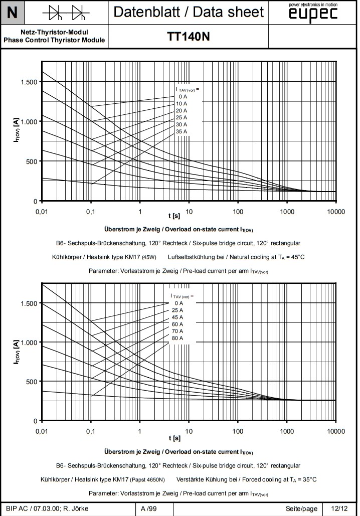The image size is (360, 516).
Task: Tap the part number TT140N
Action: coord(188,37)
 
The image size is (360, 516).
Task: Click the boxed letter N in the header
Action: coord(13,13)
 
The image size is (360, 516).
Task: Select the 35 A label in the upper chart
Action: coord(181,131)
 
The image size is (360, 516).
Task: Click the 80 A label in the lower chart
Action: coord(177,338)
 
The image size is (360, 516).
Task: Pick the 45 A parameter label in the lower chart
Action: coord(177,317)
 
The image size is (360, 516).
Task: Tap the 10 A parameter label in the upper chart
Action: coord(181,103)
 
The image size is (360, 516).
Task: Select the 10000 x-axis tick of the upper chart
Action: coord(335,212)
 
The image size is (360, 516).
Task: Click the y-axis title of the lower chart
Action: coord(17,351)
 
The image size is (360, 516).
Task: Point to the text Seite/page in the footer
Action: coord(302,508)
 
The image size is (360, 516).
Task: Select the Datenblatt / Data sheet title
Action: coord(188,12)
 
